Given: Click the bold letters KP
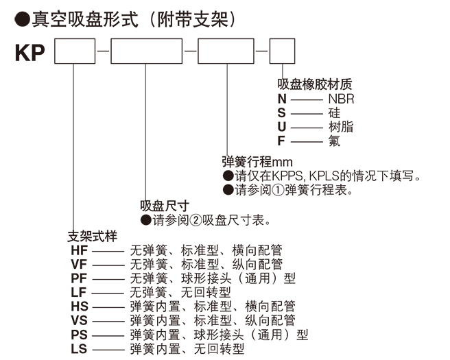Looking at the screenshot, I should coord(29,52).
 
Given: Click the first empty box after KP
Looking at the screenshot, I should coord(74,52).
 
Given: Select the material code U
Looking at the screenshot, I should coord(282,127).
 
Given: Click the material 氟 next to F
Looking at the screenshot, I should coord(334,141).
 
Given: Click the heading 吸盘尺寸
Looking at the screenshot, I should coord(165,205).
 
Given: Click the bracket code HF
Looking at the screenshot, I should coord(80,250).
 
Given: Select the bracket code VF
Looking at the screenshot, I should coord(80,264).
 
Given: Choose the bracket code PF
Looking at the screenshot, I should coord(80,278).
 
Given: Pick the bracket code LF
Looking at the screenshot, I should coord(80,293).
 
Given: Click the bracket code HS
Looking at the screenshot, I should coord(80,307).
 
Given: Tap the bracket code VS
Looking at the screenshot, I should coord(80,321).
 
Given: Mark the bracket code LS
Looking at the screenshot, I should coord(80,350).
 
